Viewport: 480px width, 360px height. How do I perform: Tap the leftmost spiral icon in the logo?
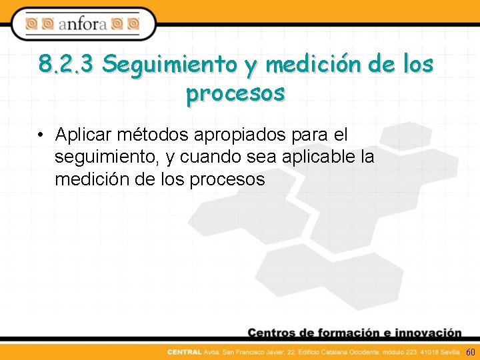pos(31,25)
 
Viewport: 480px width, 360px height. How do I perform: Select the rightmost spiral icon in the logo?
pos(133,25)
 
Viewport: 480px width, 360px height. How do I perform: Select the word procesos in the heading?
pos(236,93)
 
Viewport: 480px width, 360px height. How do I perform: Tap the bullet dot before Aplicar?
pos(41,135)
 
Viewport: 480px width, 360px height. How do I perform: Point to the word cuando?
pos(210,157)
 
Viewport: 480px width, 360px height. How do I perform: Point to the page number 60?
pos(470,351)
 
